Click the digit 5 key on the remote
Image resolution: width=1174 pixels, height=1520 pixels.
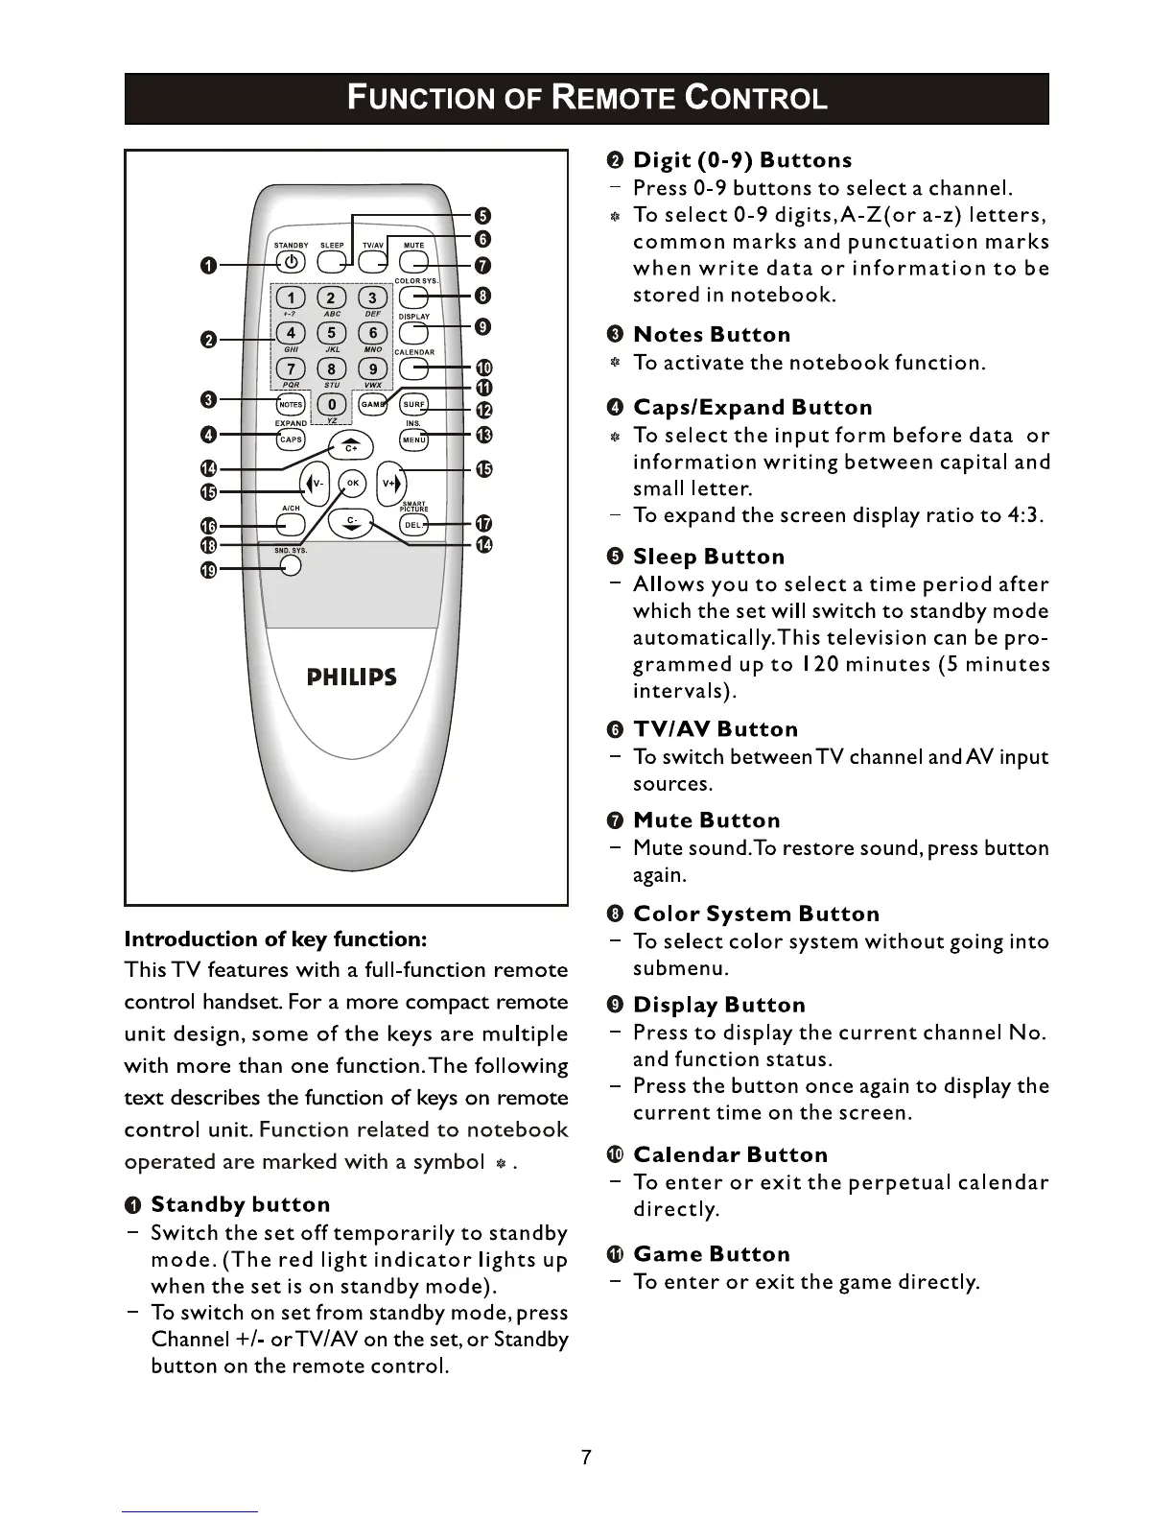[x=331, y=333]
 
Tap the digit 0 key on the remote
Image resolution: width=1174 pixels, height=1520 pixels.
[x=331, y=404]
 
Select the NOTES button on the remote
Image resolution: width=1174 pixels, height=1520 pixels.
[x=290, y=404]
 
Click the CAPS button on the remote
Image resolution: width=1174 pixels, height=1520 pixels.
[x=290, y=439]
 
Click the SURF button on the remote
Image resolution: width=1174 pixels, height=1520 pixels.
[x=413, y=404]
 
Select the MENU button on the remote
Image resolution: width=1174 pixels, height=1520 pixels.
[x=413, y=439]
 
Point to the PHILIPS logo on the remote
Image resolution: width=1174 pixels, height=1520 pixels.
[x=351, y=677]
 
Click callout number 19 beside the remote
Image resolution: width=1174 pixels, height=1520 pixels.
[x=208, y=570]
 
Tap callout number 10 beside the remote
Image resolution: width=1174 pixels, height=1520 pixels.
[x=483, y=368]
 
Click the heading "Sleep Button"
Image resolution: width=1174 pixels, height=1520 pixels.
[x=709, y=557]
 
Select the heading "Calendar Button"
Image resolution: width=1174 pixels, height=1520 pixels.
[x=730, y=1154]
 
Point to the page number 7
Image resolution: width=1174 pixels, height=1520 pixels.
[x=586, y=1458]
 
